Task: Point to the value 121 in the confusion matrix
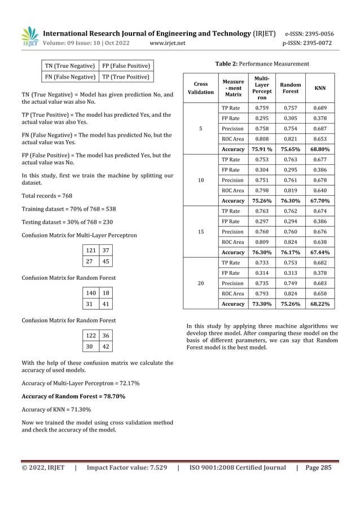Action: [x=90, y=250]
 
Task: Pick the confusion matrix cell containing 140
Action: [x=90, y=293]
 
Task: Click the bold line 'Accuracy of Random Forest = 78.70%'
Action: [x=73, y=397]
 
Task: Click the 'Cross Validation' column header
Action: [x=200, y=88]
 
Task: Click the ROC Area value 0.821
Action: [x=291, y=139]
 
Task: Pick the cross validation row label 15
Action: [x=200, y=232]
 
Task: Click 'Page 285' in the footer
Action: [x=319, y=468]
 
